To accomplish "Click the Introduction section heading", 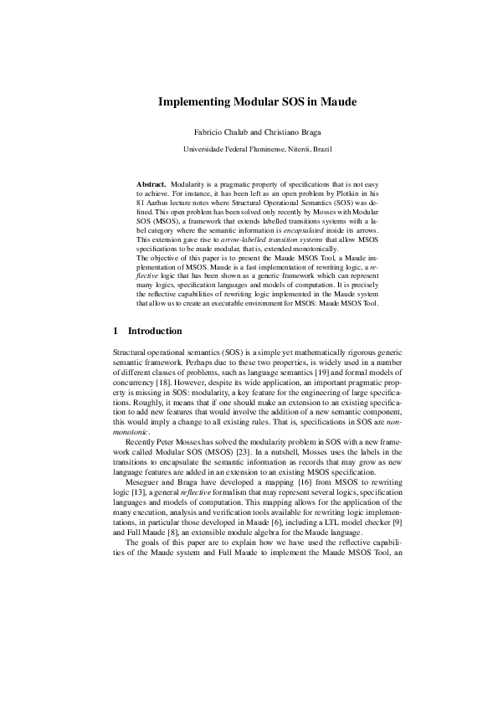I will (155, 332).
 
